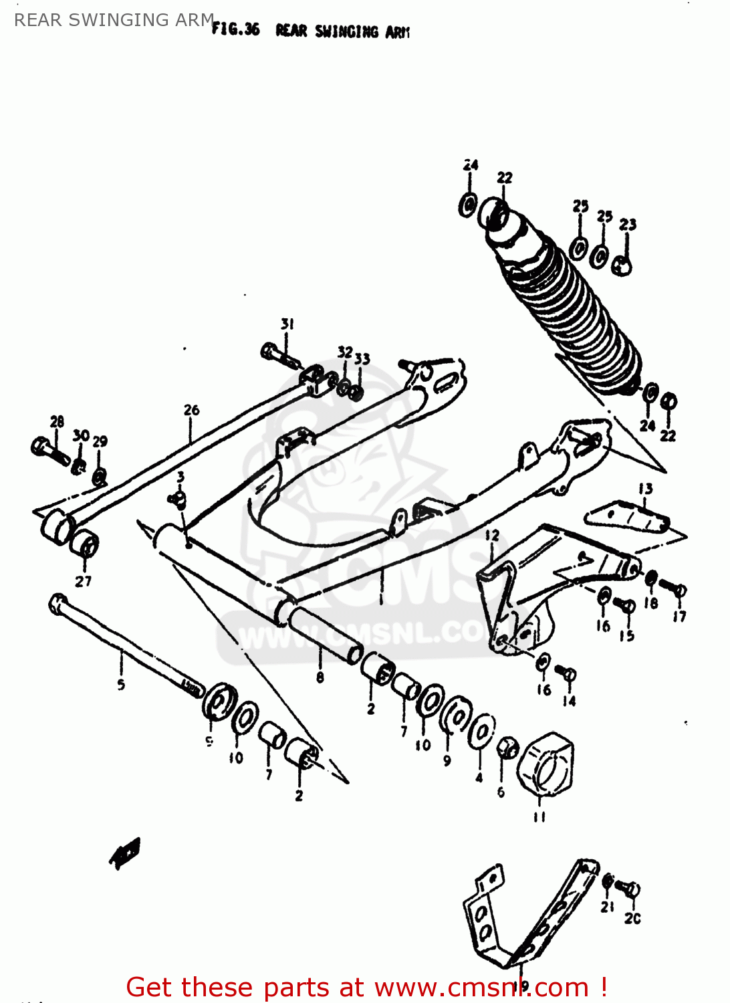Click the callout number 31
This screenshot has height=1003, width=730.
click(287, 324)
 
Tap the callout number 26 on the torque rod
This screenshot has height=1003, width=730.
click(191, 410)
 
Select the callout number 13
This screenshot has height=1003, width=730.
click(645, 489)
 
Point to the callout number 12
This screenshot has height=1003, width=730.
click(492, 536)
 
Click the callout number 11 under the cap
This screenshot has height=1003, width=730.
click(539, 816)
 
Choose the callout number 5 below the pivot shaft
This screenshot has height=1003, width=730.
click(121, 684)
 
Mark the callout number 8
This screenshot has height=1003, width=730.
click(320, 677)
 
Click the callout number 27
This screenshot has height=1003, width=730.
click(83, 581)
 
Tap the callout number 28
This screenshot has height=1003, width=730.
click(57, 421)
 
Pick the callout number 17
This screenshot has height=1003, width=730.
click(679, 617)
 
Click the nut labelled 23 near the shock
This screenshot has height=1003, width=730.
click(622, 265)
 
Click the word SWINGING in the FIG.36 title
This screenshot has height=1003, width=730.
click(346, 31)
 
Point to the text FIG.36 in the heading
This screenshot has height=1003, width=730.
click(235, 29)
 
